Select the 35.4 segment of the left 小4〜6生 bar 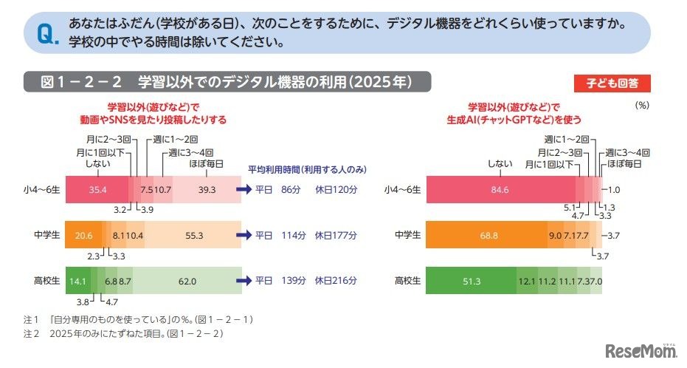[97, 190]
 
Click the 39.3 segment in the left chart [207, 190]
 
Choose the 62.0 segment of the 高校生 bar [187, 281]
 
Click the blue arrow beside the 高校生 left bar [244, 281]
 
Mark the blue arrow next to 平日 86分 [244, 190]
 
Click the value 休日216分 [336, 281]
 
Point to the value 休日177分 [336, 236]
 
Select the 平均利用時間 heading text [306, 169]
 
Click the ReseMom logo [638, 350]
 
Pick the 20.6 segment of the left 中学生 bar [83, 236]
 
